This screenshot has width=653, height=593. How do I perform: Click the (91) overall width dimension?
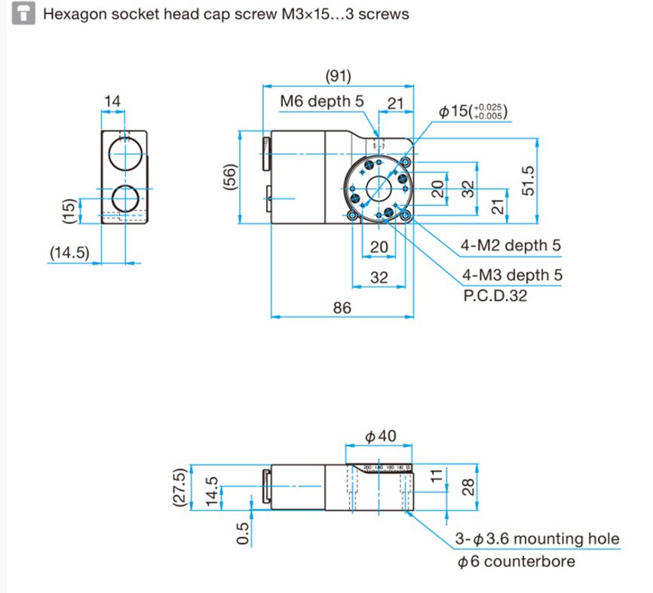tap(338, 76)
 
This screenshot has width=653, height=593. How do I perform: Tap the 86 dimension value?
tap(342, 307)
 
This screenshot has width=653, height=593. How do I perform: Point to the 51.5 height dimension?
tap(528, 180)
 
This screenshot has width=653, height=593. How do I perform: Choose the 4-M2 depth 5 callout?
tap(511, 246)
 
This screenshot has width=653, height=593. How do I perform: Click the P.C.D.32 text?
tap(495, 295)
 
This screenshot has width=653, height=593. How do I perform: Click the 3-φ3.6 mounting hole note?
tap(538, 539)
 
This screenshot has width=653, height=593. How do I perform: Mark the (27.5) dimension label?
tap(179, 489)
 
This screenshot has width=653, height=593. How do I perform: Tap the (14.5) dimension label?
tap(70, 253)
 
